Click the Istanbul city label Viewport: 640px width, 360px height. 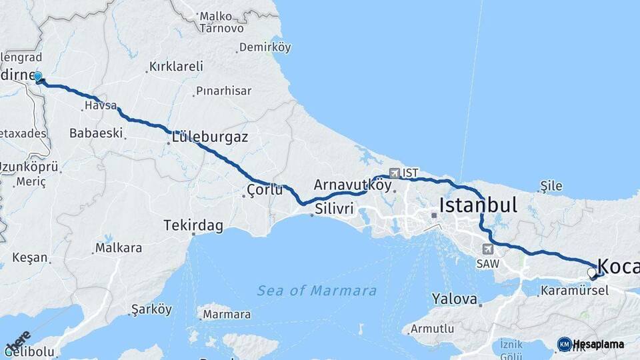(477, 205)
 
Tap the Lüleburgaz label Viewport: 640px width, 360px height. (210, 138)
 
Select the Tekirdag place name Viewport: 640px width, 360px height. (193, 226)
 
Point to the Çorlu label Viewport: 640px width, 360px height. (261, 191)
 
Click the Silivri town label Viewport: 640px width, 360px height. (333, 209)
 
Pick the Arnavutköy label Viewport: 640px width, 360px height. (352, 184)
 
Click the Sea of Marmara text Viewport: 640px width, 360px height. (317, 291)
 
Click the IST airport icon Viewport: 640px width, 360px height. (395, 173)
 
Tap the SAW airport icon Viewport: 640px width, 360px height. (488, 249)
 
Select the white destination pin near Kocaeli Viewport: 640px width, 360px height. (592, 273)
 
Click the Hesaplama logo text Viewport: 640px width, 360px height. (598, 344)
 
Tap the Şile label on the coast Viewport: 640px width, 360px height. (551, 186)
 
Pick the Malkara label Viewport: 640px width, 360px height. (119, 248)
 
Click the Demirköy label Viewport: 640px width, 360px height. (265, 47)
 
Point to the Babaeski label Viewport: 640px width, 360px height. (97, 133)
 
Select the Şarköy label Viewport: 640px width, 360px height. (152, 309)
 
